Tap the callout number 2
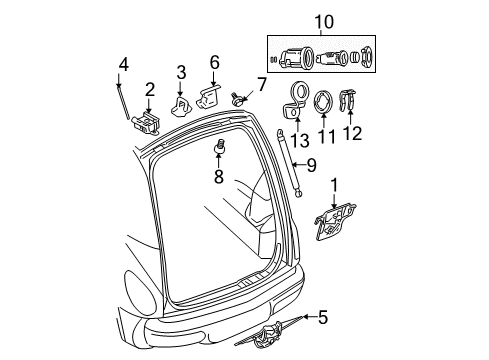[x=148, y=89]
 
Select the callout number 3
[x=181, y=71]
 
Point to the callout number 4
[x=123, y=65]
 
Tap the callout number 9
[x=310, y=163]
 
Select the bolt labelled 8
[x=220, y=149]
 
